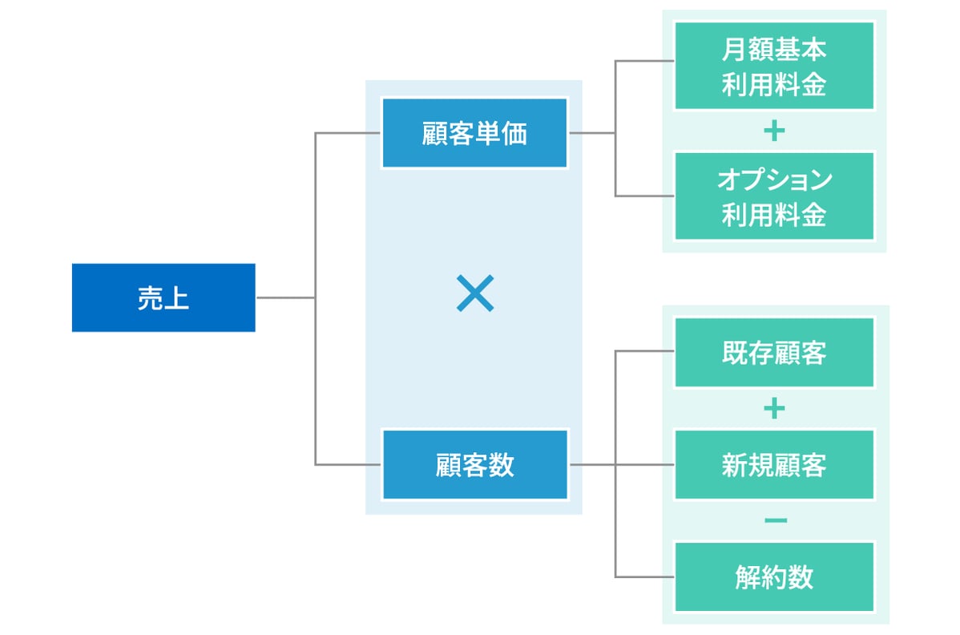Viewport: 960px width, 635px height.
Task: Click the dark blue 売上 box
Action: point(163,297)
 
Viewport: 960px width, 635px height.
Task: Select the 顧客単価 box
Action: point(474,133)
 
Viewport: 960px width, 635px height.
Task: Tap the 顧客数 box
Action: point(474,464)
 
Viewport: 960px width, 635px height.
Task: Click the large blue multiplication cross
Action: point(474,293)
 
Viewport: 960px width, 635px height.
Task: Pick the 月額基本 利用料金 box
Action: point(773,66)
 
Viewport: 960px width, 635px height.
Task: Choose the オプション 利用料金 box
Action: point(773,196)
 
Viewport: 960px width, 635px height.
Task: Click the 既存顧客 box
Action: point(773,352)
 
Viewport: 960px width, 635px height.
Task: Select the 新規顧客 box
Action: point(773,464)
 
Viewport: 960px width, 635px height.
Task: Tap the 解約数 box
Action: point(773,576)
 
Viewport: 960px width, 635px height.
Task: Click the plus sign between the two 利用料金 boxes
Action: point(773,131)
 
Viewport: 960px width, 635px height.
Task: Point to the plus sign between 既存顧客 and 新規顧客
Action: point(773,409)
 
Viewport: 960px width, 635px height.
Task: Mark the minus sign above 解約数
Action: point(775,521)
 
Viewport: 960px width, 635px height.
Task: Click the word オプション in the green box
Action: point(773,180)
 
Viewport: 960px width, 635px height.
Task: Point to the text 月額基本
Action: point(773,50)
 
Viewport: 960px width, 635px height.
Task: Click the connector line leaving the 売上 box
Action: point(284,297)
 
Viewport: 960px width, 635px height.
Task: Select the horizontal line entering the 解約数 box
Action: point(645,576)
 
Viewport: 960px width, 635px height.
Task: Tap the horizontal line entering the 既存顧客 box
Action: point(645,352)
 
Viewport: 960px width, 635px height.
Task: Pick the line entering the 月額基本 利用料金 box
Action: point(645,62)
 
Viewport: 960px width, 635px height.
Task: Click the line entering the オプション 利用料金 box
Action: point(645,196)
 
